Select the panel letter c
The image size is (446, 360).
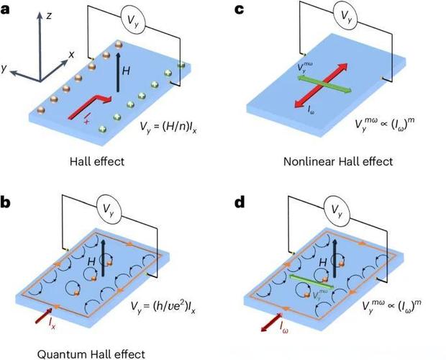(240, 10)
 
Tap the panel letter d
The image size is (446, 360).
(240, 202)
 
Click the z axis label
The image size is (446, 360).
(48, 15)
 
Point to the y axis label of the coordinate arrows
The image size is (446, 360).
(6, 68)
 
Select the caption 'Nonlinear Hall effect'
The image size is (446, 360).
(337, 161)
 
